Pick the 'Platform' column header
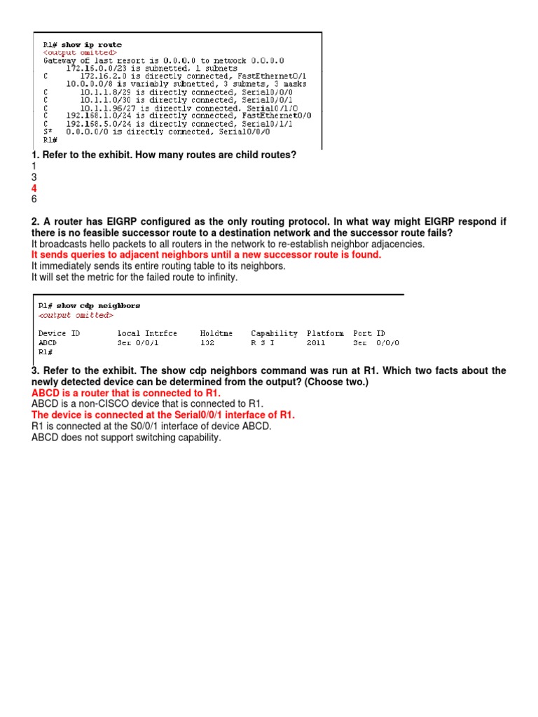point(325,333)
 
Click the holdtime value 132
point(207,343)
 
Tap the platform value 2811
point(316,343)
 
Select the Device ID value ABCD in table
point(48,343)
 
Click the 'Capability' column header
point(274,333)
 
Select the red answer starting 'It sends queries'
point(206,256)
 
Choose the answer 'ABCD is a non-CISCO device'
point(147,404)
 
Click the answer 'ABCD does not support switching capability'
point(126,438)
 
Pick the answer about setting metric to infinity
point(134,278)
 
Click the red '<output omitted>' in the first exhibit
point(81,53)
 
